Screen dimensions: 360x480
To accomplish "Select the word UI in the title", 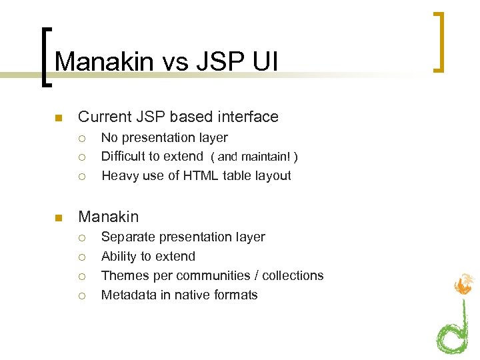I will click(265, 62).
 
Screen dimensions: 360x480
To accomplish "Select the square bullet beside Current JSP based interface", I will click(58, 119).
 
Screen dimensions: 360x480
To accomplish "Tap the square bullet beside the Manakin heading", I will click(58, 218).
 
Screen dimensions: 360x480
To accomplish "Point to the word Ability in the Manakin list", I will click(118, 257).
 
